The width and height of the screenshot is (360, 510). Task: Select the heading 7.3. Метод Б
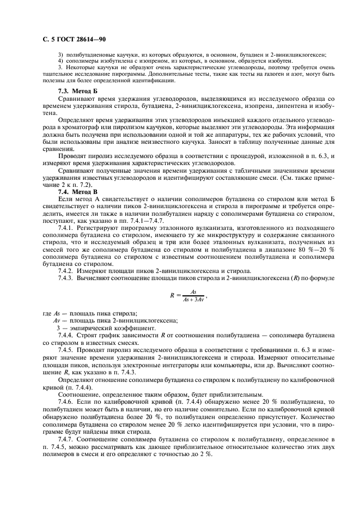pos(78,90)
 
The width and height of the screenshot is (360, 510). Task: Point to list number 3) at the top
pos(60,55)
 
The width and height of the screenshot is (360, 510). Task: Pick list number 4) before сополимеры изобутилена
pos(60,61)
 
